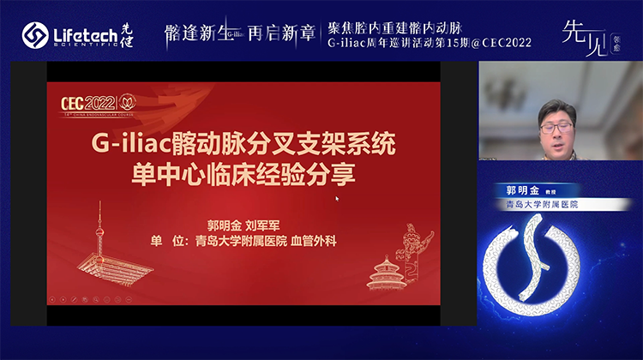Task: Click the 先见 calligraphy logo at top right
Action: click(582, 34)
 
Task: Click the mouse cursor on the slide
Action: click(337, 199)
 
